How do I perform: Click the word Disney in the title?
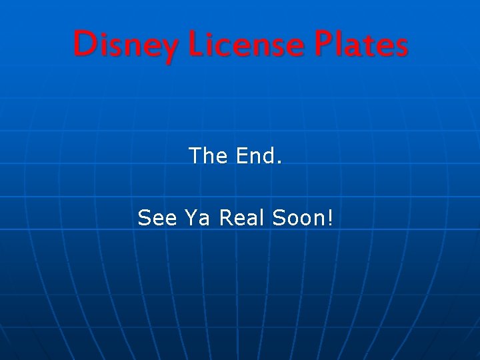(x=126, y=45)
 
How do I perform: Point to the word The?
(x=209, y=156)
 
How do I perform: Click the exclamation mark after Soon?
(x=329, y=217)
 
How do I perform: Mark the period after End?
(x=279, y=162)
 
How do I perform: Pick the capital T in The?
(x=196, y=156)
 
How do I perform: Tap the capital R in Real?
(x=225, y=217)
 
